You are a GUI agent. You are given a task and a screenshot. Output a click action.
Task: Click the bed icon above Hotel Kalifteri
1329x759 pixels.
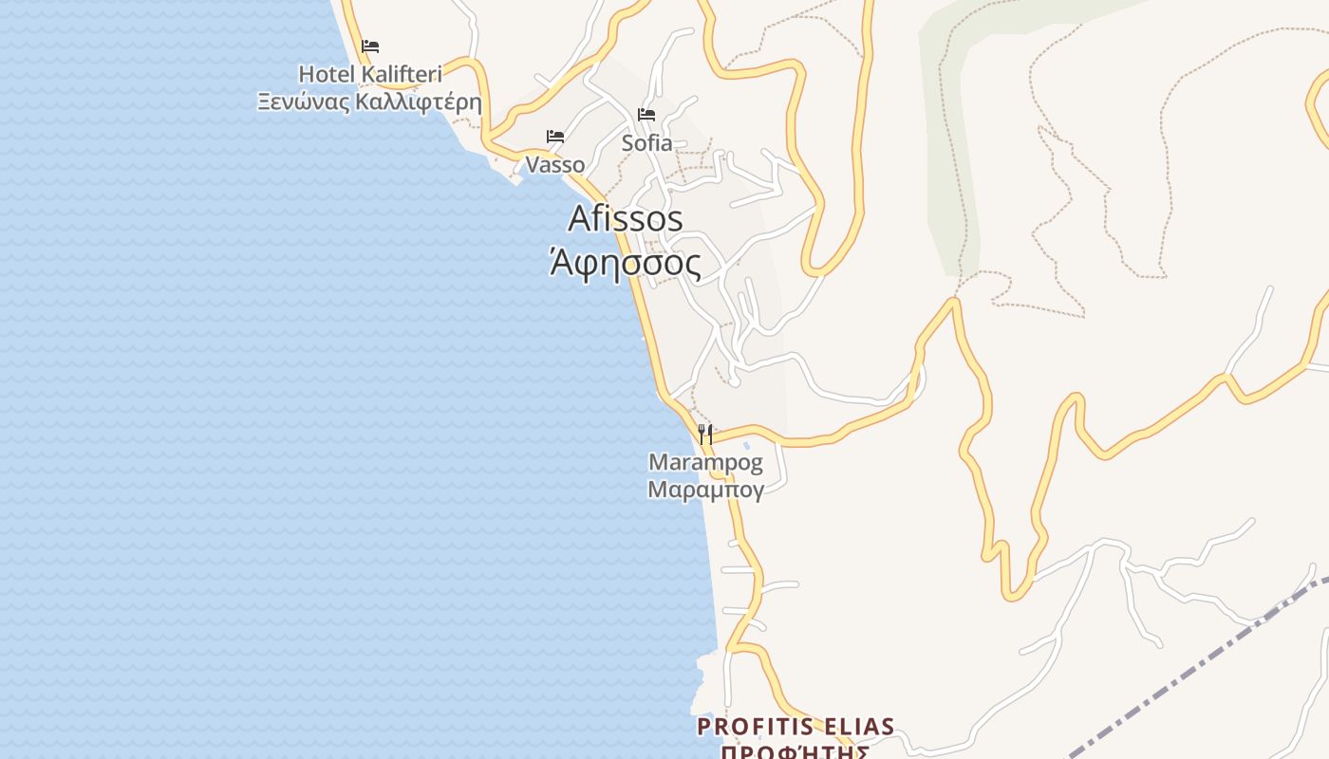coord(370,46)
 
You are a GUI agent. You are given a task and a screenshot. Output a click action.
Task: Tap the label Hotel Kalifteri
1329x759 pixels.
coord(370,74)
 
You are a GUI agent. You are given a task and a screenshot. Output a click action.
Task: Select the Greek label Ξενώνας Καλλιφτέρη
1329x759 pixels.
coord(370,102)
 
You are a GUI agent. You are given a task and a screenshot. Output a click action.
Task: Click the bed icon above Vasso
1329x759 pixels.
coord(555,137)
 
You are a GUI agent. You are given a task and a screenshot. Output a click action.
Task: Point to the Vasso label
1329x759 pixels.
coord(555,164)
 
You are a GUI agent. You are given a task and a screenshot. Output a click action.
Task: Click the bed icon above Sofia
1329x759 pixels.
coord(646,115)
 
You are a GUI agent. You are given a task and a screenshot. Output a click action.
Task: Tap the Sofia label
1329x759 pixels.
coord(646,143)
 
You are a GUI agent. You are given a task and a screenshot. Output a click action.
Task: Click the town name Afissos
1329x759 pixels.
coord(626,218)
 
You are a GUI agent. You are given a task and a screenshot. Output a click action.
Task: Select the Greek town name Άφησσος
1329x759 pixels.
coord(626,263)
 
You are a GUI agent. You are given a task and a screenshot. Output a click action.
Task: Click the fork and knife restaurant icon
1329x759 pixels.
coord(704,435)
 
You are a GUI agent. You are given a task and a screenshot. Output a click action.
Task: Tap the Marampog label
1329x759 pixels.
coord(705,463)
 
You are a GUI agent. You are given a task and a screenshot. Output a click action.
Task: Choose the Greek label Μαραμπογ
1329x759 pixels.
coord(705,490)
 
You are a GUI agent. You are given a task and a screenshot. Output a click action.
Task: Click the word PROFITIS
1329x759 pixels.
coord(755,728)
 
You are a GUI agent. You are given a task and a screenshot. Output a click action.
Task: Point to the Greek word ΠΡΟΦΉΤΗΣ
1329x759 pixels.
coord(796,752)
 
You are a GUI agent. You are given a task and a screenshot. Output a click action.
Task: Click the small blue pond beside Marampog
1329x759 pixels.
coord(747,445)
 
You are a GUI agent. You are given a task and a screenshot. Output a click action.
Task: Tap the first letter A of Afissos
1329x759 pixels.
coord(579,219)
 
